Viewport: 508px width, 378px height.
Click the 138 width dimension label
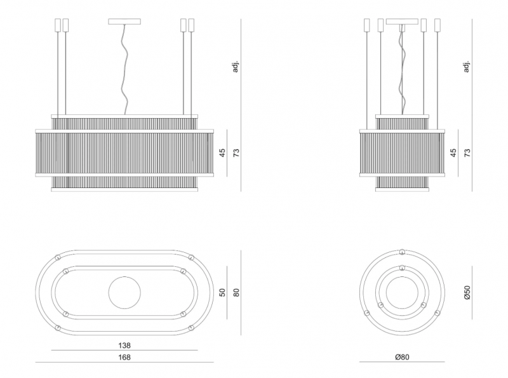point(124,346)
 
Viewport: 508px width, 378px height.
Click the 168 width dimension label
point(124,357)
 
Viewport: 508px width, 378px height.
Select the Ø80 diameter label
point(402,357)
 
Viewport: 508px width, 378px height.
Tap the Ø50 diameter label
point(467,292)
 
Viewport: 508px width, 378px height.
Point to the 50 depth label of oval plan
point(222,292)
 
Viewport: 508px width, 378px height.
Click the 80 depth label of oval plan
point(236,293)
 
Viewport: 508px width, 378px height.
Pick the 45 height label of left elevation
point(222,152)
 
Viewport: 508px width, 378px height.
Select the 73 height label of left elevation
point(236,152)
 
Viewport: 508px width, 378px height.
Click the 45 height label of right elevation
point(453,152)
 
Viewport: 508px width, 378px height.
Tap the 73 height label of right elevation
point(467,152)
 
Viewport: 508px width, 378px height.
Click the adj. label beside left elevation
point(236,66)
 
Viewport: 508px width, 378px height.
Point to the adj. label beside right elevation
point(467,66)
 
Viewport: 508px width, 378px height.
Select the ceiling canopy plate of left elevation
point(124,22)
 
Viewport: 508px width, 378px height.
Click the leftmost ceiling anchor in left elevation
point(58,25)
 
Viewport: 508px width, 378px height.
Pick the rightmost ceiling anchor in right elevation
point(438,25)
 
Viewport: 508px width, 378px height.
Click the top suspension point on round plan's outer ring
point(402,252)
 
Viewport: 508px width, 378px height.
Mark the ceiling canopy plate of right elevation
point(402,22)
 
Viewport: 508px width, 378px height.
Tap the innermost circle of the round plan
point(402,276)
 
